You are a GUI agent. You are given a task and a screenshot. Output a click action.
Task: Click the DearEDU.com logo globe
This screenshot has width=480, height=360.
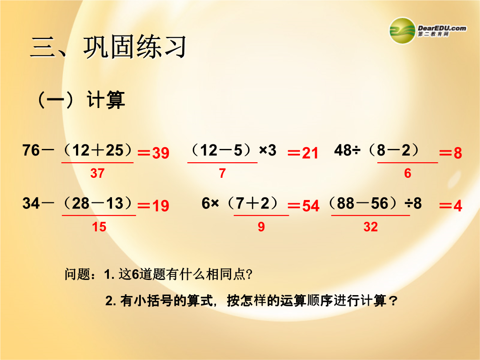(402, 31)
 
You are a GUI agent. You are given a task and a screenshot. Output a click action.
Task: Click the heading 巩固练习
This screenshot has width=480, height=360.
(135, 47)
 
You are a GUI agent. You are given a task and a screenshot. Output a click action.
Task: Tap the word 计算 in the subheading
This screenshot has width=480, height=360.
(106, 100)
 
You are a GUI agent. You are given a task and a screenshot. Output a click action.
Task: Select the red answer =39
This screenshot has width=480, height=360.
(153, 153)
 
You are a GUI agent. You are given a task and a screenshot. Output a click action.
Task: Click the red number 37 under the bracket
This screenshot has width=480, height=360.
(97, 173)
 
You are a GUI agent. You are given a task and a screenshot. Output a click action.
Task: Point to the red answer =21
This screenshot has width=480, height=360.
(303, 153)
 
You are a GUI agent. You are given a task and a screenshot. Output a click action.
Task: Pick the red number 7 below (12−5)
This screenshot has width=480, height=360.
(223, 173)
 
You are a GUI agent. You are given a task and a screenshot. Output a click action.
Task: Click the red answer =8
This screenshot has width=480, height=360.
(451, 153)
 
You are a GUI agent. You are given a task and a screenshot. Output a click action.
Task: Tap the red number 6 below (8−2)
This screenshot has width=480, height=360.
(408, 173)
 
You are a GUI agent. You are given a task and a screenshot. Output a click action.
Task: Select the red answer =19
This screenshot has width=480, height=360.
(153, 206)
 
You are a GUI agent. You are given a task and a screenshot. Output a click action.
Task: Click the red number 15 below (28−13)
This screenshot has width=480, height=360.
(99, 227)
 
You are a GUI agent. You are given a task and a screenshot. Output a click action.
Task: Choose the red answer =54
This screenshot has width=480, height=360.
(304, 206)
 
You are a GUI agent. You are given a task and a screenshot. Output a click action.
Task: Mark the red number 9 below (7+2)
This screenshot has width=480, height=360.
(261, 227)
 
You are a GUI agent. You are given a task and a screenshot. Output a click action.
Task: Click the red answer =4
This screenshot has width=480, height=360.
(451, 206)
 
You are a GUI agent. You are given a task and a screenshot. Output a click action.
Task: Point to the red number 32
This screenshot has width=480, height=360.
(370, 227)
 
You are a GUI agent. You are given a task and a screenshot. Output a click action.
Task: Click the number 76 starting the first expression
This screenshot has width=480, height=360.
(31, 150)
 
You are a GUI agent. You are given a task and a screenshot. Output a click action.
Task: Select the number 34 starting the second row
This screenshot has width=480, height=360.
(31, 203)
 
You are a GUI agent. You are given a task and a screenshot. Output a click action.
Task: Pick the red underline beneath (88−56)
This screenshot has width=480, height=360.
(370, 216)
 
